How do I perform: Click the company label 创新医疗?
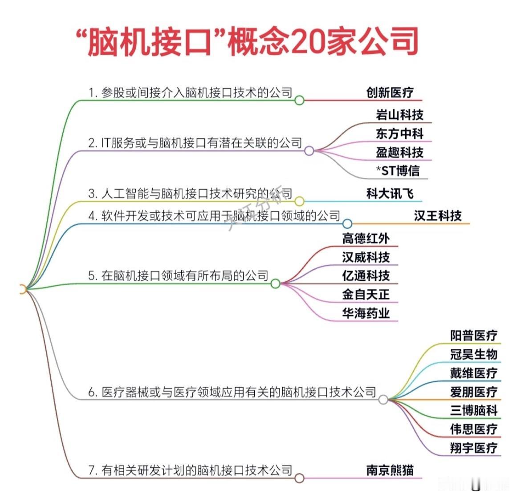coord(390,93)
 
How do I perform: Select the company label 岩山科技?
coord(399,115)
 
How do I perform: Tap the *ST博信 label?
coord(398,170)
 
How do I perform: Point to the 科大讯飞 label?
coord(390,194)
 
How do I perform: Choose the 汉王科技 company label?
coord(437,216)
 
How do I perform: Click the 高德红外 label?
coord(366,239)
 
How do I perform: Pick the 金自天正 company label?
coord(366,294)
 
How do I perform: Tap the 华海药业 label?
coord(366,313)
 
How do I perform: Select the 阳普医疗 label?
coord(473,336)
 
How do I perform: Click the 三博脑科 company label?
coord(473,410)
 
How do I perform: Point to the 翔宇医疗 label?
coord(473,448)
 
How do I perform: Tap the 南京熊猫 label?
coord(390,470)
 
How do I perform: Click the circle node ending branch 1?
coord(299,100)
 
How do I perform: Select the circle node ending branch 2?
coord(309,151)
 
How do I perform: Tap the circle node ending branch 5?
coord(275,283)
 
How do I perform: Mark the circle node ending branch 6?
coord(383,400)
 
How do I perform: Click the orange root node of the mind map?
coord(23,290)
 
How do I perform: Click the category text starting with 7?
coord(190,470)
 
